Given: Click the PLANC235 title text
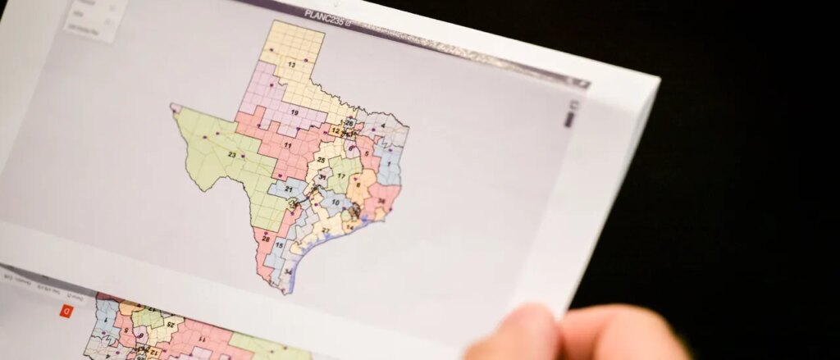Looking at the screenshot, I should (325, 13).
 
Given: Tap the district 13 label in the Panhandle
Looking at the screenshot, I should (291, 64).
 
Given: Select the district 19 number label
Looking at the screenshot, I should (294, 112).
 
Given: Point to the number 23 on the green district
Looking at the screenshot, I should (232, 155).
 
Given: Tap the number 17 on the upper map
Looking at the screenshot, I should (341, 176).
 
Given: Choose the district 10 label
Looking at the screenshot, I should (336, 202).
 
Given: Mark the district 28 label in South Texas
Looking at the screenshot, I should (265, 239).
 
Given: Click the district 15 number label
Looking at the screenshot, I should (280, 244).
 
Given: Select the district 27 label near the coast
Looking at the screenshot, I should (325, 230).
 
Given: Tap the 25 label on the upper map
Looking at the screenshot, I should (322, 160).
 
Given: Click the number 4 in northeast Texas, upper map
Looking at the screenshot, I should (381, 126).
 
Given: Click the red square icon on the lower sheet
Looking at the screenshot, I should (66, 311).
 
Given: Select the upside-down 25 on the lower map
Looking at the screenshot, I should (171, 325).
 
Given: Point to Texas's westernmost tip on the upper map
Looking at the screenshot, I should (173, 107).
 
